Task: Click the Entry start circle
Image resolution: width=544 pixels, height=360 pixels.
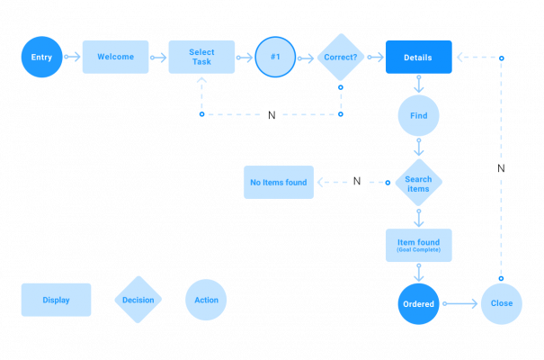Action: point(42,58)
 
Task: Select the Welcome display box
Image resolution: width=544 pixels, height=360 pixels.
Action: point(115,57)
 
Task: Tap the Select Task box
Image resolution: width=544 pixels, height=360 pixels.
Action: point(201,57)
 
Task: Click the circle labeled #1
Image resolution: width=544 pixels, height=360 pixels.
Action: point(275,58)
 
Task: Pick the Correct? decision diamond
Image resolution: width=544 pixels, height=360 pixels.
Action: point(340,57)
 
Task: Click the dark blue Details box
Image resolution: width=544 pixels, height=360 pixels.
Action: point(419,57)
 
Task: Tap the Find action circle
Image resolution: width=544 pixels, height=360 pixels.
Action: point(419,115)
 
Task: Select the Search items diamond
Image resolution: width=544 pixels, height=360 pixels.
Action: point(418,184)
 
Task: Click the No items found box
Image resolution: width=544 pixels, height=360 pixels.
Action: point(279,182)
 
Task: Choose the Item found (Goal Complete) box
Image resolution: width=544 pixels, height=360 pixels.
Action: point(418,245)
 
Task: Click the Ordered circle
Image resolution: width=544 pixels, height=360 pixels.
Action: point(419,304)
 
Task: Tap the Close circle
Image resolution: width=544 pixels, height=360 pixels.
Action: point(501,303)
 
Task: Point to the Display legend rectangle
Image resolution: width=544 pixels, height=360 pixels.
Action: point(56,300)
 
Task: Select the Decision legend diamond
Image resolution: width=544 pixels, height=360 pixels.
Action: point(138,300)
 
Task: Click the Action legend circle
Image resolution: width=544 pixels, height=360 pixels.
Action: point(206,300)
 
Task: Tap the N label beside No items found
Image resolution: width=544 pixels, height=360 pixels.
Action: point(357,182)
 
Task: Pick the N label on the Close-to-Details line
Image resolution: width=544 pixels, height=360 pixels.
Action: point(502,167)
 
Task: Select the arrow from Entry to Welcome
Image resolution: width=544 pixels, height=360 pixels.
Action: point(73,58)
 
